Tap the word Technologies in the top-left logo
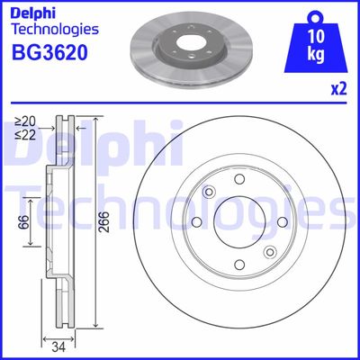55,30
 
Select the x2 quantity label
338,89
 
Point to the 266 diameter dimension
103,222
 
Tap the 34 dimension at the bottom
58,347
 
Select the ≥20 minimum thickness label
25,121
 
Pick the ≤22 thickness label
25,135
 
